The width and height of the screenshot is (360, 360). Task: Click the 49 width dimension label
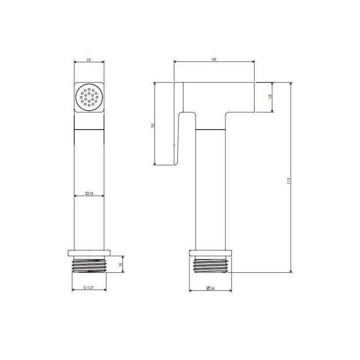(x=214, y=59)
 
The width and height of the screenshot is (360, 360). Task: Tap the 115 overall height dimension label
(x=289, y=181)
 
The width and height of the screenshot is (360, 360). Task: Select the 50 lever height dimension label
(x=153, y=126)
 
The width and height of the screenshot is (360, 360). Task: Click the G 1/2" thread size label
(x=89, y=288)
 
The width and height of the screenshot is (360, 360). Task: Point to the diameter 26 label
(x=211, y=288)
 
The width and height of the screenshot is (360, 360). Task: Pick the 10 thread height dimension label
(x=121, y=264)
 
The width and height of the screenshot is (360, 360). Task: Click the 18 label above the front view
(x=89, y=60)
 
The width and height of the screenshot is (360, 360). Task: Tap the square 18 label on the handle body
(x=89, y=193)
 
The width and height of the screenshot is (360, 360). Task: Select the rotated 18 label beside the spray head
(x=270, y=96)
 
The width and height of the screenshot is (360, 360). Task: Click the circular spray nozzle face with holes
(x=89, y=97)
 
